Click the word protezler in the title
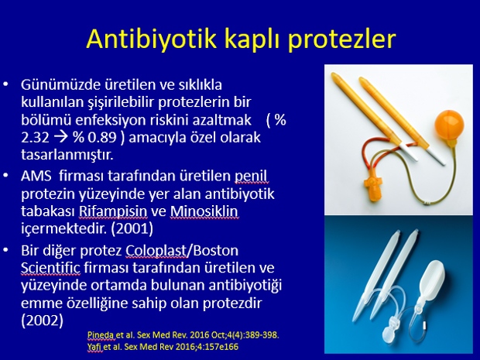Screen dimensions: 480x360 342,40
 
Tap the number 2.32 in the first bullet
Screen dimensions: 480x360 35,138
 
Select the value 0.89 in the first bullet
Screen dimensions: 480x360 102,138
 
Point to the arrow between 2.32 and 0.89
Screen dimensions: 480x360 61,138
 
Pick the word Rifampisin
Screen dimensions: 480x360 113,211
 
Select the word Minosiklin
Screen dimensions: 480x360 204,211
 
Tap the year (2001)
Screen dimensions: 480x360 132,228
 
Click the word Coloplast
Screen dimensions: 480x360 156,251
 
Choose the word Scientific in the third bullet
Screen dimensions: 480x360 50,268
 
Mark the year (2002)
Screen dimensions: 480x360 43,321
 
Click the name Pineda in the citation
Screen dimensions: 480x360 101,335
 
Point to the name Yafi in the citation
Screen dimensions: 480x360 94,347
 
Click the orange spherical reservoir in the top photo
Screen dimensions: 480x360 449,125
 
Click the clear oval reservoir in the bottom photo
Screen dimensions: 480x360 431,280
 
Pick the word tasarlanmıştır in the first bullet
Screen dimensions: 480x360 67,155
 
